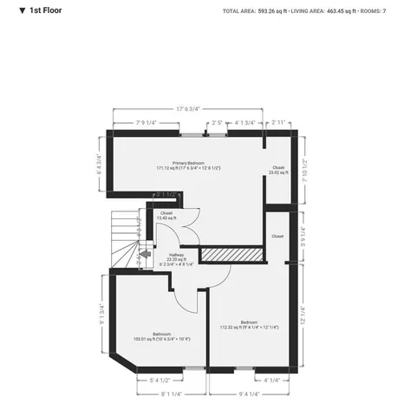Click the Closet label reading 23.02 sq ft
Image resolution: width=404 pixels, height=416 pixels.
(278, 170)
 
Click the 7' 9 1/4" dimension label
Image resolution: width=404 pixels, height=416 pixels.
(146, 123)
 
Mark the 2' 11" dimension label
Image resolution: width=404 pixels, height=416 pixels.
(278, 123)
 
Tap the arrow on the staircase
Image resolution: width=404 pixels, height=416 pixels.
(134, 255)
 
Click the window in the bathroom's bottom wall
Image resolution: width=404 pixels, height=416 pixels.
(195, 368)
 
